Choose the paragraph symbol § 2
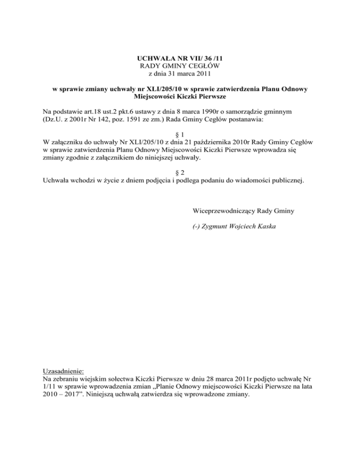[x=180, y=172]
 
